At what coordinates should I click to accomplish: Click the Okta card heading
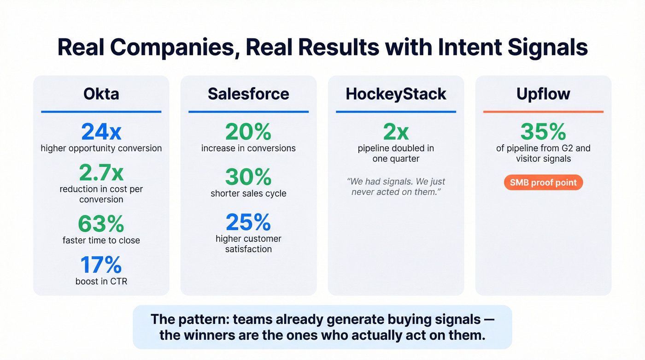[101, 94]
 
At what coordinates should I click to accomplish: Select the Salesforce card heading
[248, 94]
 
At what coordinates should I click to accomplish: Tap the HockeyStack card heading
[396, 94]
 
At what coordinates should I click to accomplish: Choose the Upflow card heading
[543, 94]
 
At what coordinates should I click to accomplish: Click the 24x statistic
[101, 132]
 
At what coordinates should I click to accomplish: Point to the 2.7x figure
[101, 173]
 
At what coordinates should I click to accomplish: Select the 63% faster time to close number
[101, 224]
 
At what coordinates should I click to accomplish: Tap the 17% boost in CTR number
[101, 265]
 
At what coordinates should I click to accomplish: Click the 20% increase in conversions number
[248, 132]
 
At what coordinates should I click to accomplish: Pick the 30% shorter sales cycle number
[248, 177]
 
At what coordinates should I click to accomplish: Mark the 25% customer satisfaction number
[248, 222]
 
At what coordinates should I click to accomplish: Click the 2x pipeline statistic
[396, 132]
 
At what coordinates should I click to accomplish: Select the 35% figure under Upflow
[543, 132]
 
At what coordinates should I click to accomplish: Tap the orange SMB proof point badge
[543, 183]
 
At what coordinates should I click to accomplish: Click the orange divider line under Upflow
[543, 112]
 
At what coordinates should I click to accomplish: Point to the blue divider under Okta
[101, 112]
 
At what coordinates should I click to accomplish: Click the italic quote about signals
[396, 186]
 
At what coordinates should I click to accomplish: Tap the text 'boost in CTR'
[101, 281]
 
